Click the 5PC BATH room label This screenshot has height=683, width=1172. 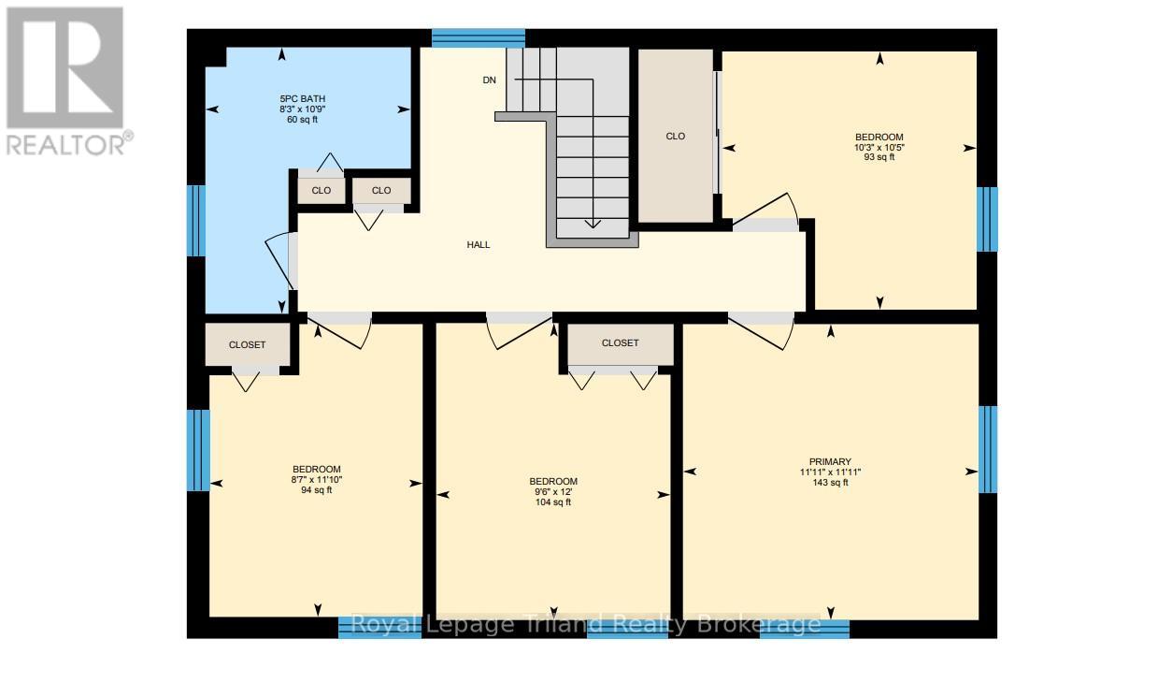303,98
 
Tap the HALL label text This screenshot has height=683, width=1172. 479,244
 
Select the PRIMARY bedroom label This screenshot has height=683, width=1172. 830,461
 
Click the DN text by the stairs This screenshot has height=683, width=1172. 489,80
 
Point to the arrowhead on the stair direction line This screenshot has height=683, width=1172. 593,224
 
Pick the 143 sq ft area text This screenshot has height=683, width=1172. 830,483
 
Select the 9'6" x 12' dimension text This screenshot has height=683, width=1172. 553,492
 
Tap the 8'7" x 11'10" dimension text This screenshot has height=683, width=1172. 317,479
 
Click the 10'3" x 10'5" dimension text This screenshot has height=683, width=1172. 879,148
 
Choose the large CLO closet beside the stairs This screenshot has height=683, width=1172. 676,137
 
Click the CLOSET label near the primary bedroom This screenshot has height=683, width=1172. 620,343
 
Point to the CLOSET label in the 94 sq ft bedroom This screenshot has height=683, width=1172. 247,344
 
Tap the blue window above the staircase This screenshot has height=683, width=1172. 479,38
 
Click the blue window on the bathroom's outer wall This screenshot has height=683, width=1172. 196,221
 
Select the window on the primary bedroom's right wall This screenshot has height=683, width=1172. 988,449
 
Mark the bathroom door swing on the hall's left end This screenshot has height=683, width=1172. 278,259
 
